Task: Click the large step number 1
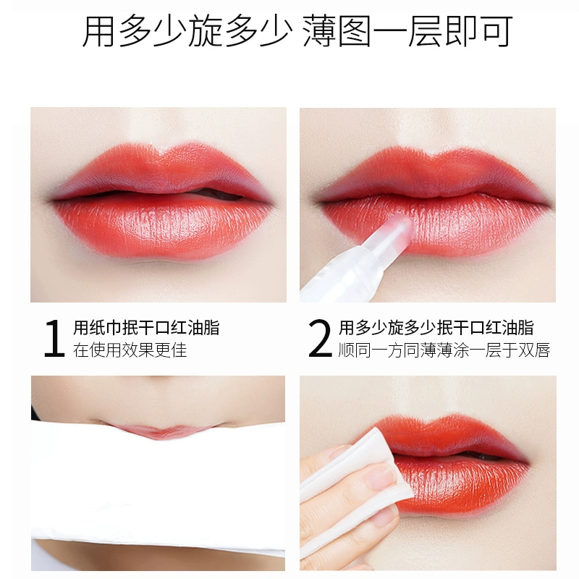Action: click(54, 338)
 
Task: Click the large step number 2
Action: click(320, 338)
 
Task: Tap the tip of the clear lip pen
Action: click(405, 220)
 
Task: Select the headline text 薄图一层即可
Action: click(407, 31)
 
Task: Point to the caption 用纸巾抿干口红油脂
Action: click(146, 328)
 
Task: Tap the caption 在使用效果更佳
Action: click(130, 350)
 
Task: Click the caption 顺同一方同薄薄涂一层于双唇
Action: click(444, 350)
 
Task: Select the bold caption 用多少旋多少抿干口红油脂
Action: click(436, 328)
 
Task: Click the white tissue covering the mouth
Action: click(158, 487)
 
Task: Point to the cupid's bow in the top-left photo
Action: click(159, 151)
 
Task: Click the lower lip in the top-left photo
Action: click(162, 229)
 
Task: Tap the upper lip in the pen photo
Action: click(432, 174)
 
